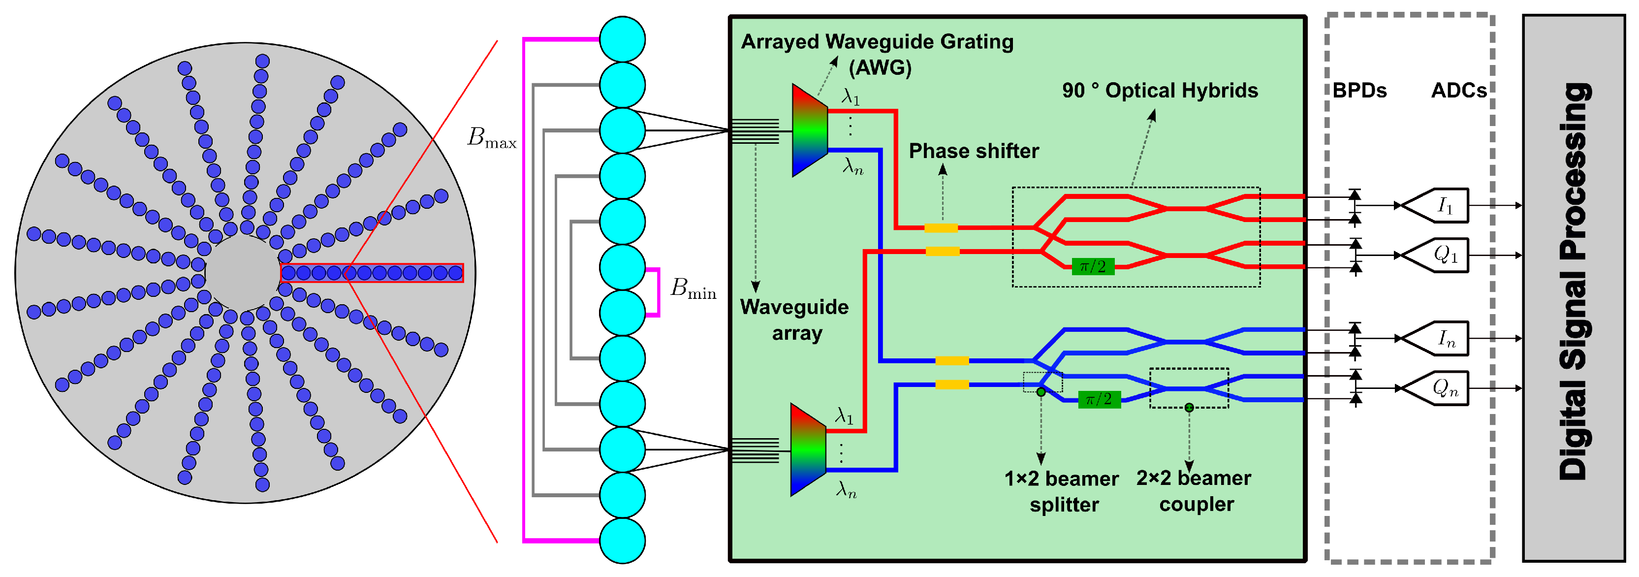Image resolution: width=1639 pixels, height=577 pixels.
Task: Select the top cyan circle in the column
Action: tap(622, 39)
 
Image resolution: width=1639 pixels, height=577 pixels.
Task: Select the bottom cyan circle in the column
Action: tap(622, 541)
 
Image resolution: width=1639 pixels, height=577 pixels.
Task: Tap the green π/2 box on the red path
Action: tap(1093, 266)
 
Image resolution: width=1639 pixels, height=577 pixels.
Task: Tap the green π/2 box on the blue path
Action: tap(1099, 399)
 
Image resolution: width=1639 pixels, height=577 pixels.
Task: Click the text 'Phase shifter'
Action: tap(973, 152)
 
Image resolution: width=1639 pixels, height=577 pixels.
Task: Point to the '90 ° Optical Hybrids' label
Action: tap(1159, 90)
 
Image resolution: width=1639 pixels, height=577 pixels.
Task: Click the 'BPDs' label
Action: tap(1359, 90)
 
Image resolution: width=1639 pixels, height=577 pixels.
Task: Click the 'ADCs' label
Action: tap(1458, 90)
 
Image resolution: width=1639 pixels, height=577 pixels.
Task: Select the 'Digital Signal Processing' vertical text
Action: tap(1574, 282)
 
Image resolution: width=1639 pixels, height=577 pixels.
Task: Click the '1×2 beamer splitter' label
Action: tap(1061, 491)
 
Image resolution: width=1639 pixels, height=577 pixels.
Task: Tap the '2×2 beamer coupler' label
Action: tap(1194, 490)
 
